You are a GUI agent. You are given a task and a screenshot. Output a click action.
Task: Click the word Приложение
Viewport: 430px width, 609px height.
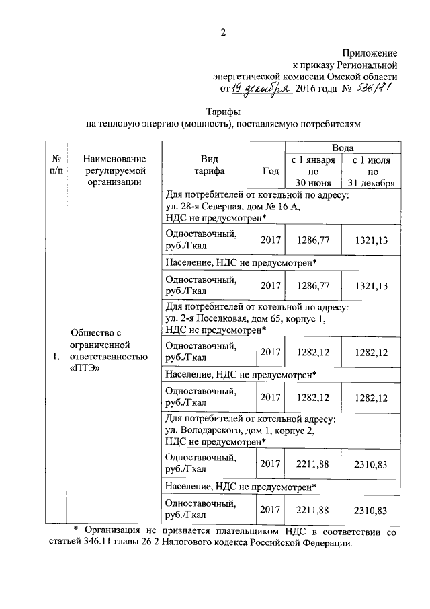click(x=370, y=52)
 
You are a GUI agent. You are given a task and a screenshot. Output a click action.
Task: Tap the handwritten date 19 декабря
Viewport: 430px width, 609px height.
click(x=262, y=89)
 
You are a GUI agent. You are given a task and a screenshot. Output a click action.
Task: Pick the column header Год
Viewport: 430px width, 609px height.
click(x=270, y=170)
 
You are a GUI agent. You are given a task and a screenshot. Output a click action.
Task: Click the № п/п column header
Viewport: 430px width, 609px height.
click(x=56, y=165)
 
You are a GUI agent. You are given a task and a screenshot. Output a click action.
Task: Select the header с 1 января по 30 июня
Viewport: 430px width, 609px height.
click(x=312, y=171)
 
